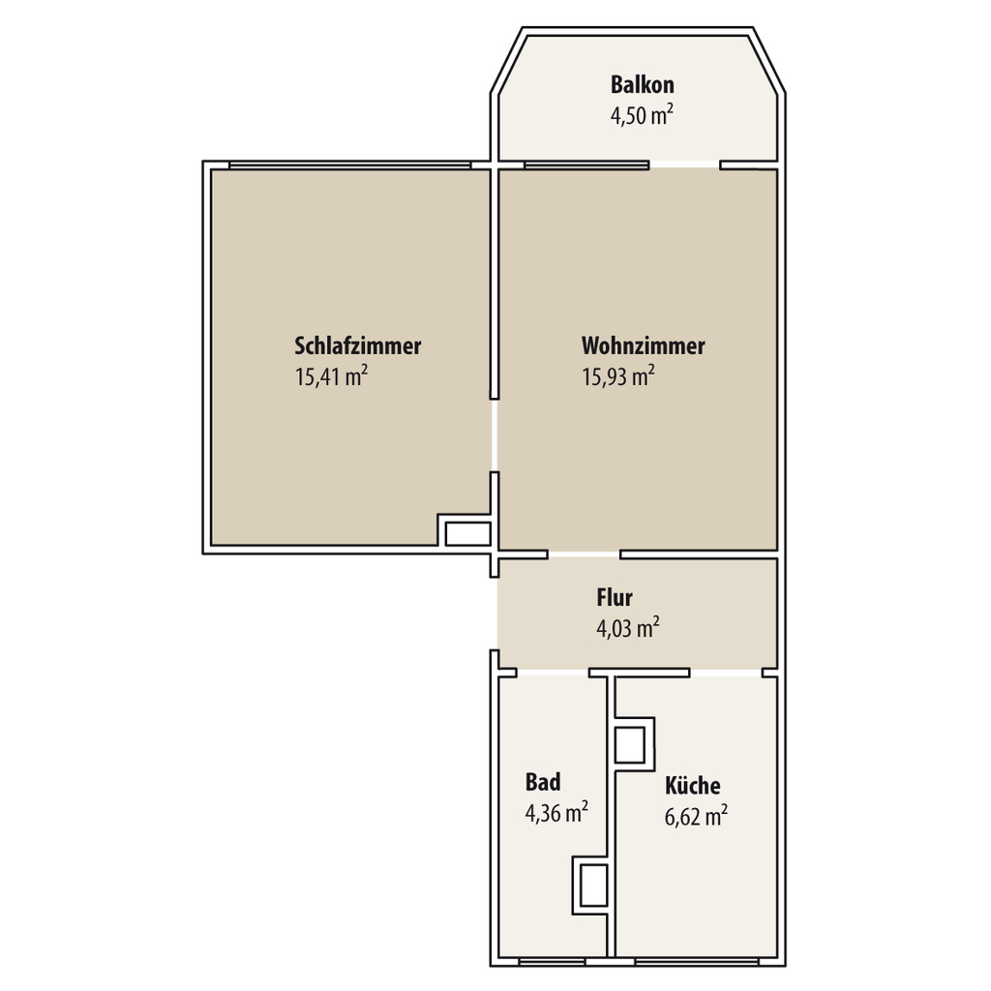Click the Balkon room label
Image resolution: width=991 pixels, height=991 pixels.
[x=643, y=85]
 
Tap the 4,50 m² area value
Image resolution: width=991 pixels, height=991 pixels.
[x=642, y=116]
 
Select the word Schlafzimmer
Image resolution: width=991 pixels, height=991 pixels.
[x=358, y=345]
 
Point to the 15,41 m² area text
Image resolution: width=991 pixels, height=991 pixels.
[x=331, y=376]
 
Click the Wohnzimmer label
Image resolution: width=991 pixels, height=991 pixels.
[x=644, y=345]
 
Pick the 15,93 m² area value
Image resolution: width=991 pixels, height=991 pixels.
[x=618, y=376]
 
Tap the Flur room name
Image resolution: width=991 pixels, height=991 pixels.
[x=615, y=597]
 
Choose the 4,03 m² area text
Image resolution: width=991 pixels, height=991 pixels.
[x=628, y=628]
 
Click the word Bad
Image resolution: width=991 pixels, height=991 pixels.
[x=543, y=782]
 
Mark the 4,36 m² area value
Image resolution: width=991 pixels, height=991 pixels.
[x=556, y=813]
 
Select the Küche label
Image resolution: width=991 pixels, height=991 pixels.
[x=693, y=785]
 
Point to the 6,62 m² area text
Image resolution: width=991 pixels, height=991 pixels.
[x=696, y=816]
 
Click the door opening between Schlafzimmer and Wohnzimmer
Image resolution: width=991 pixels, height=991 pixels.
[x=495, y=435]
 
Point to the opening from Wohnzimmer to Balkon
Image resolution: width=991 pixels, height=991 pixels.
[x=684, y=165]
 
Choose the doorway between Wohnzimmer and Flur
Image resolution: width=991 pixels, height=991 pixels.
[x=584, y=555]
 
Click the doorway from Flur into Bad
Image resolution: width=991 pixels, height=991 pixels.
[x=553, y=674]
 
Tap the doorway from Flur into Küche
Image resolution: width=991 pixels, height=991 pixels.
[x=726, y=674]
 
